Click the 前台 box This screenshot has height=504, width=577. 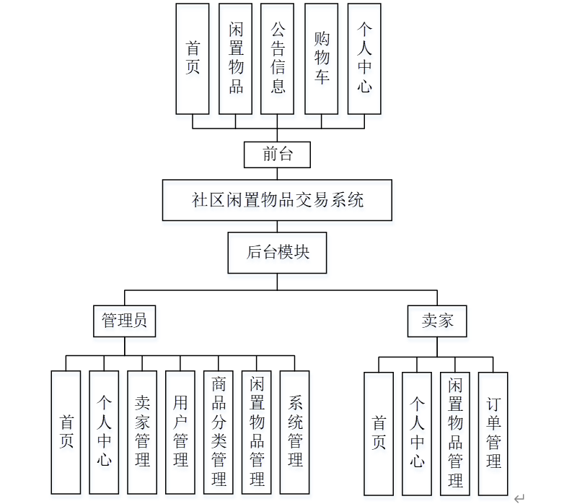tap(278, 155)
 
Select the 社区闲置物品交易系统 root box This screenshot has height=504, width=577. tap(277, 200)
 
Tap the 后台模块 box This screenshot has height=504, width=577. tap(278, 253)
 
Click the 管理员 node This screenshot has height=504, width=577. tap(125, 321)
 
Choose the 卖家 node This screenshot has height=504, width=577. tap(438, 321)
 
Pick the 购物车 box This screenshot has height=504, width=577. tap(321, 58)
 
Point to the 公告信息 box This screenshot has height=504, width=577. tap(278, 58)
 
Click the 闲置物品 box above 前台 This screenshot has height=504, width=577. tap(236, 58)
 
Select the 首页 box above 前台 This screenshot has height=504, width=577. tap(193, 58)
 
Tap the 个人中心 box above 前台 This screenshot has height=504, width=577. tap(364, 58)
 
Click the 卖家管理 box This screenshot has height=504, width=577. tap(142, 432)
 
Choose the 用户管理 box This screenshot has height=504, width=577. tap(180, 432)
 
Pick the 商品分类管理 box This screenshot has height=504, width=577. tap(219, 432)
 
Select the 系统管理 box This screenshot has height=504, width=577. tap(294, 432)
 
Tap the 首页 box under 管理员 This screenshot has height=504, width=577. tap(66, 432)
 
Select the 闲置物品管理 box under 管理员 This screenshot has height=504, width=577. tap(257, 432)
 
